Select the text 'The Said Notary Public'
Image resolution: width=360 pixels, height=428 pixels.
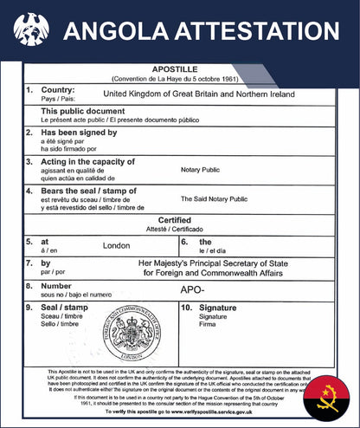click(x=214, y=198)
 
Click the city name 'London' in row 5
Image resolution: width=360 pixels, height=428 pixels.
click(x=116, y=245)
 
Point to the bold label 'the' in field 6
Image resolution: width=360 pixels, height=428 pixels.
click(x=205, y=242)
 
